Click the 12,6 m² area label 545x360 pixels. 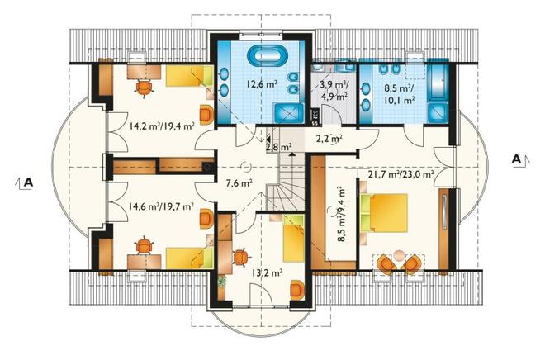(262, 83)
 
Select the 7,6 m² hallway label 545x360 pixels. (239, 182)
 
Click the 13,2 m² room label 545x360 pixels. (267, 272)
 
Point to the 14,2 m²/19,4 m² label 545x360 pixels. (162, 126)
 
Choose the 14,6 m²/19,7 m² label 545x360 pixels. (161, 206)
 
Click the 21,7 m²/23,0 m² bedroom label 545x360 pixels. (400, 173)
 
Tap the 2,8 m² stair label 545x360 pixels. (279, 147)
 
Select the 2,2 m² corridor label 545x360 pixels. (329, 139)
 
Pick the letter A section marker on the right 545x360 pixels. (517, 159)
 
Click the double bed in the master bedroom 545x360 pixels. (384, 213)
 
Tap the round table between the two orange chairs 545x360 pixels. (399, 256)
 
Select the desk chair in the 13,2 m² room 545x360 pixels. (241, 258)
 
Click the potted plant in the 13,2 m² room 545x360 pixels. (222, 281)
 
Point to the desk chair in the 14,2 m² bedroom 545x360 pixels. (144, 88)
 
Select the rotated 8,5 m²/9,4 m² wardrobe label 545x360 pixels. (339, 214)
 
